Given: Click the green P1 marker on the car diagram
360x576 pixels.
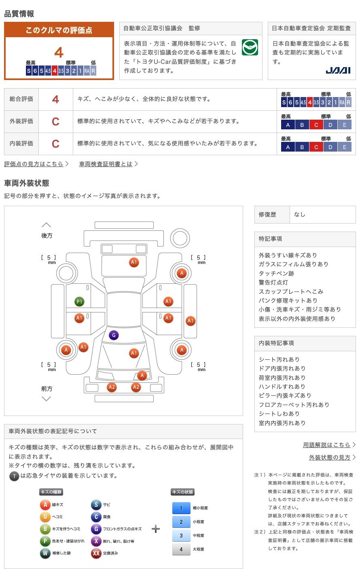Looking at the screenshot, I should click(x=79, y=302).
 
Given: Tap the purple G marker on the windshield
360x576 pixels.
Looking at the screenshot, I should click(x=114, y=335).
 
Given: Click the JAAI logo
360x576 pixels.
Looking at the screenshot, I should click(x=338, y=70).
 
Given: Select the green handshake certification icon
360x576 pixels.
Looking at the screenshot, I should click(x=250, y=47).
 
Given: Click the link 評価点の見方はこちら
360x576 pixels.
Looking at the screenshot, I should click(x=34, y=164).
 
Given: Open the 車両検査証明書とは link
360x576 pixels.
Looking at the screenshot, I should click(x=106, y=164).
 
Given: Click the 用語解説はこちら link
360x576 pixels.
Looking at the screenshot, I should click(x=326, y=445).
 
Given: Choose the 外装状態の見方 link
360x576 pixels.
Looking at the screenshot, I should click(x=330, y=457).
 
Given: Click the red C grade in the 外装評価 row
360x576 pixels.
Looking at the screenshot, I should click(x=55, y=121).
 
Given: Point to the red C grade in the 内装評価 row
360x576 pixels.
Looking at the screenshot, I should click(x=55, y=143).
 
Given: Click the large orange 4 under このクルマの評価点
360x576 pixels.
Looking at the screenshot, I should click(x=59, y=53).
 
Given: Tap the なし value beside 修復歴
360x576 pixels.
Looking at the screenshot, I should click(x=300, y=214).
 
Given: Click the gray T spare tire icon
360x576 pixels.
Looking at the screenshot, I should click(x=14, y=476).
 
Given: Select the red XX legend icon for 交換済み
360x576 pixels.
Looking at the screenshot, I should click(x=96, y=553).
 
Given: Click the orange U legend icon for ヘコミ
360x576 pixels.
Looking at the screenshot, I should click(x=45, y=517).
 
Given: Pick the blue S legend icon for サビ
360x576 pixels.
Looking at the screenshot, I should click(x=96, y=504).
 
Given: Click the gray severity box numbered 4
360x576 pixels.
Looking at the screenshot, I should click(x=181, y=549).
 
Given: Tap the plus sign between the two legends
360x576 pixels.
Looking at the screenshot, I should click(x=156, y=529).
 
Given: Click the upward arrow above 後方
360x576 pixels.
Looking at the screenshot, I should click(x=47, y=225).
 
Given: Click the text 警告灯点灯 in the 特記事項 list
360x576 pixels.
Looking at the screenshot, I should click(x=273, y=283).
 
